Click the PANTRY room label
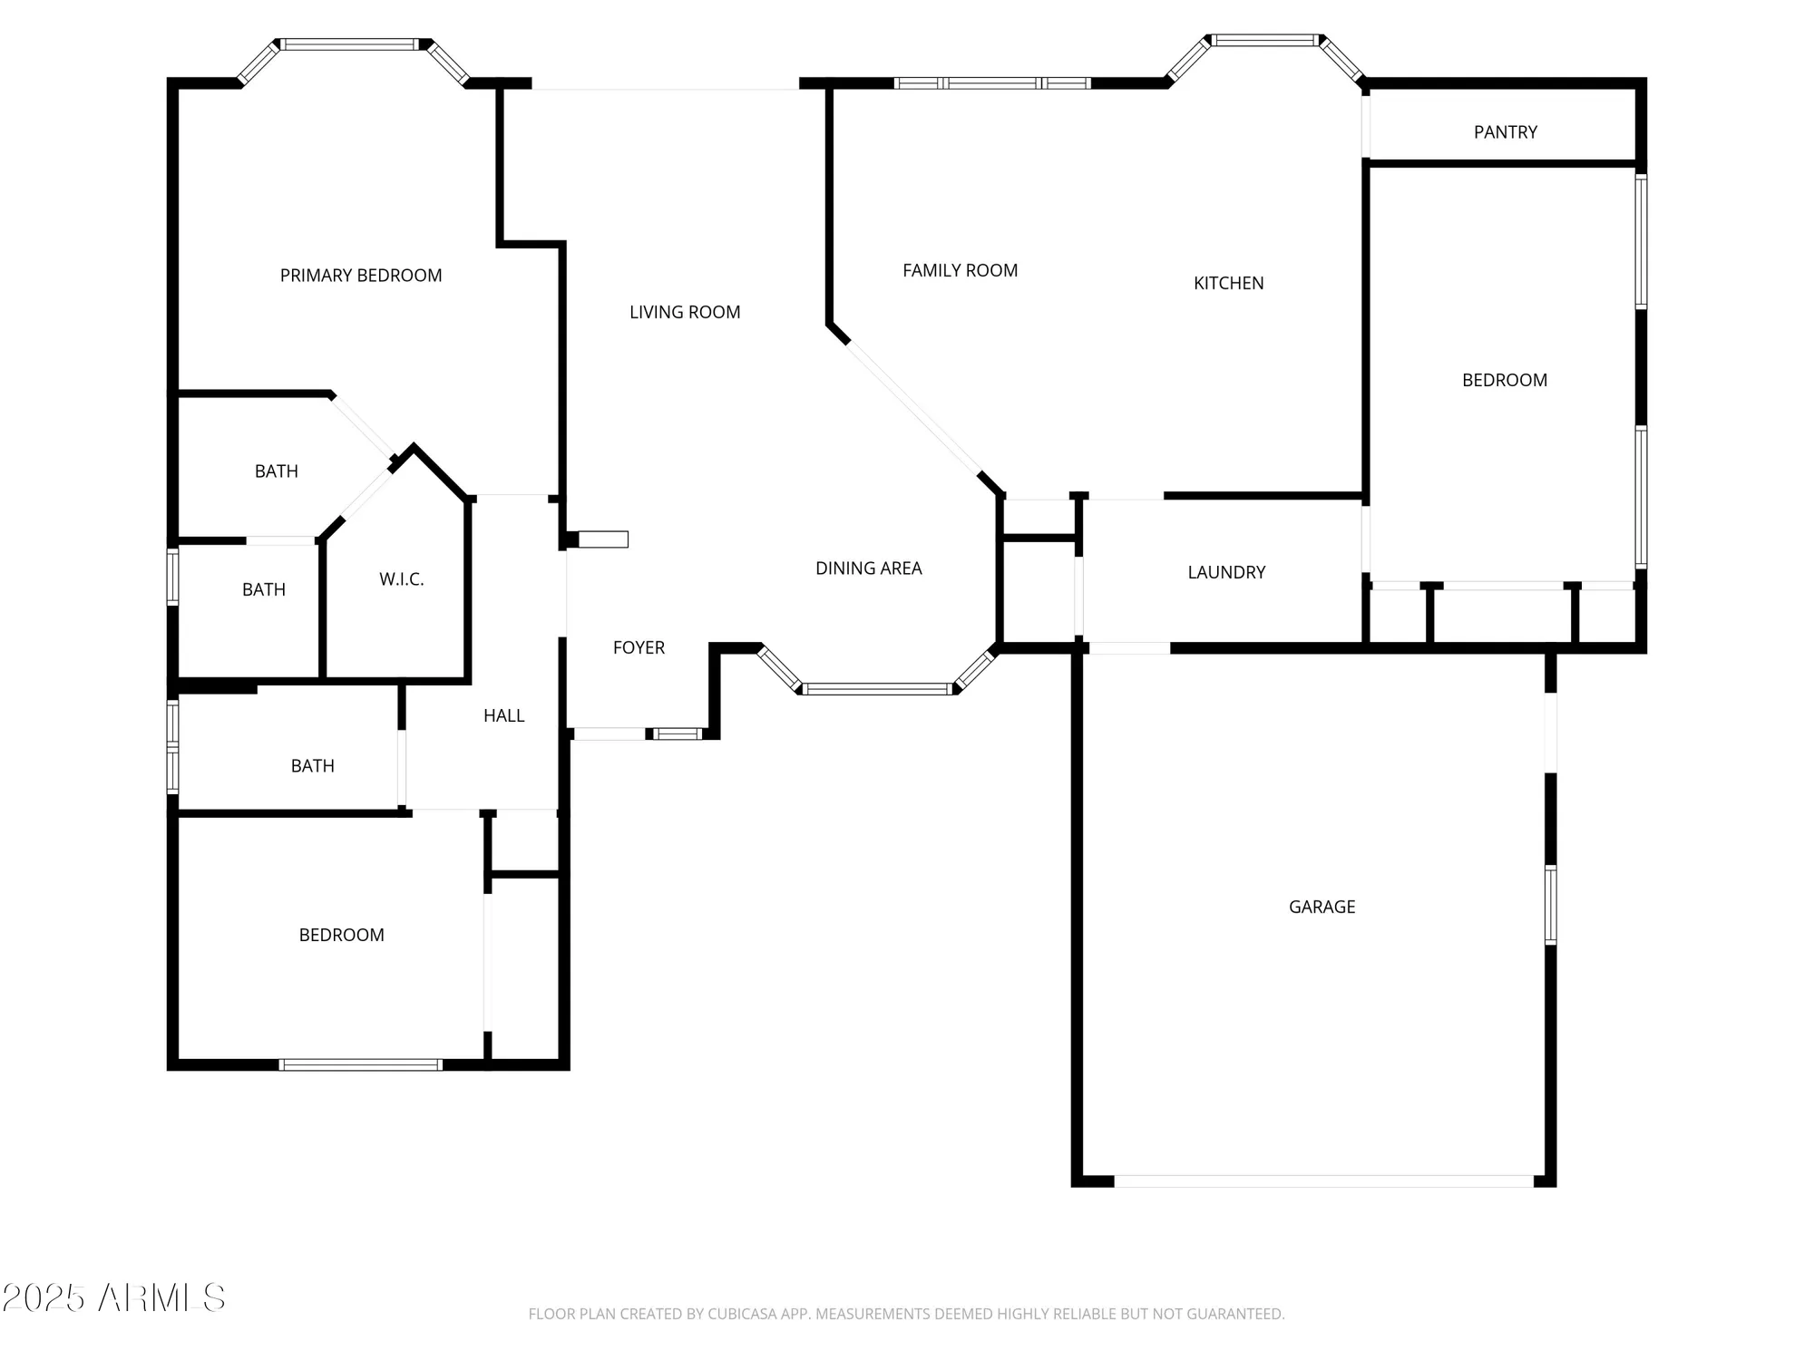(1505, 132)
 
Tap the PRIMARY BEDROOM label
(361, 276)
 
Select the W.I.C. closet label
(401, 579)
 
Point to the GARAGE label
(1321, 907)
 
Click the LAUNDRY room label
(1226, 572)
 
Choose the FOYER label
(639, 647)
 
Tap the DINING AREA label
(868, 568)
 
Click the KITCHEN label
(1228, 283)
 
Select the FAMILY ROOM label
(960, 270)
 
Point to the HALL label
(503, 715)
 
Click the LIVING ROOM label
(685, 312)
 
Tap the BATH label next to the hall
(312, 766)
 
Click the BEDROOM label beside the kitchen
(1504, 380)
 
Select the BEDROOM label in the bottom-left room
(341, 935)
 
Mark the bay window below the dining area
(878, 689)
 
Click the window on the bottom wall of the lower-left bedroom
(360, 1064)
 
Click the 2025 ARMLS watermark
(113, 1298)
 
